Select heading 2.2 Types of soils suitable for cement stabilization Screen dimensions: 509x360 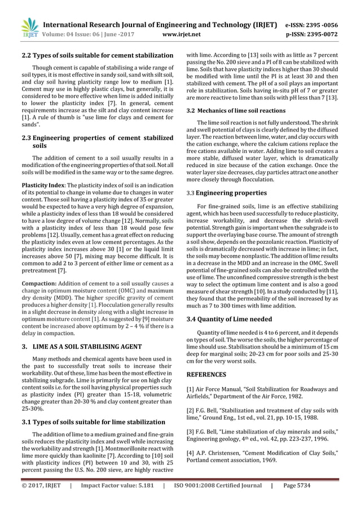96,55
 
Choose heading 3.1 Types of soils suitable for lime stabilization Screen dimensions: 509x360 93,422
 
